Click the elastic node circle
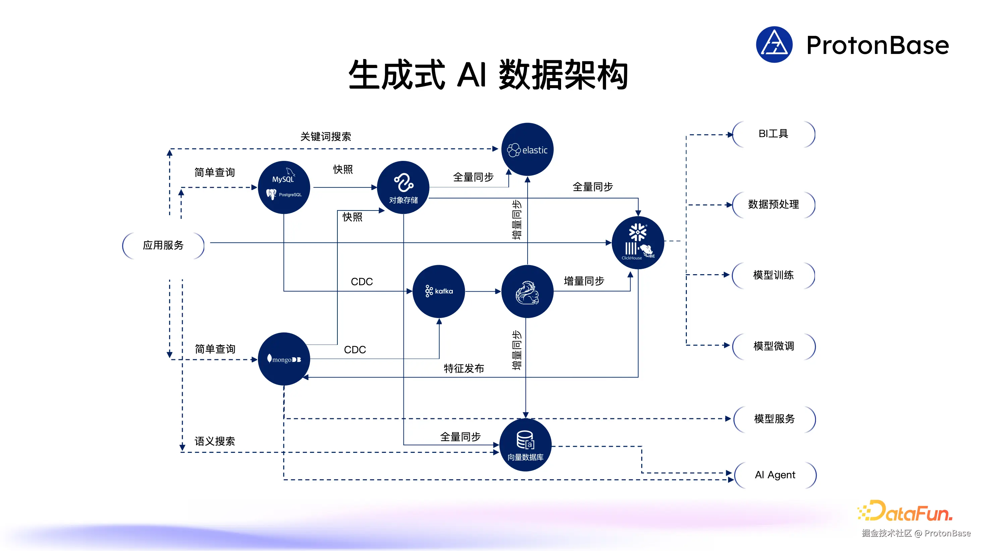[x=527, y=149]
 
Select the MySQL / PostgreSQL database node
[x=284, y=187]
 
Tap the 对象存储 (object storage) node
[x=403, y=187]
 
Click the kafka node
[x=439, y=291]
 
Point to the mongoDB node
[x=284, y=359]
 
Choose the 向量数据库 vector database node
[x=525, y=445]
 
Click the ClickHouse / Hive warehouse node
[x=638, y=242]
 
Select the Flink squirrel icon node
[x=527, y=291]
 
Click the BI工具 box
[x=773, y=134]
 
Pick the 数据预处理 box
[x=773, y=205]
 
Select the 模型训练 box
[x=773, y=275]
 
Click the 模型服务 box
[x=774, y=419]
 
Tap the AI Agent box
[x=775, y=475]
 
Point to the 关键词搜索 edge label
[x=325, y=137]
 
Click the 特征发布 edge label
[x=464, y=368]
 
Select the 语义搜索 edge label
[x=215, y=441]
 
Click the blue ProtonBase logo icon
[x=774, y=45]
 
